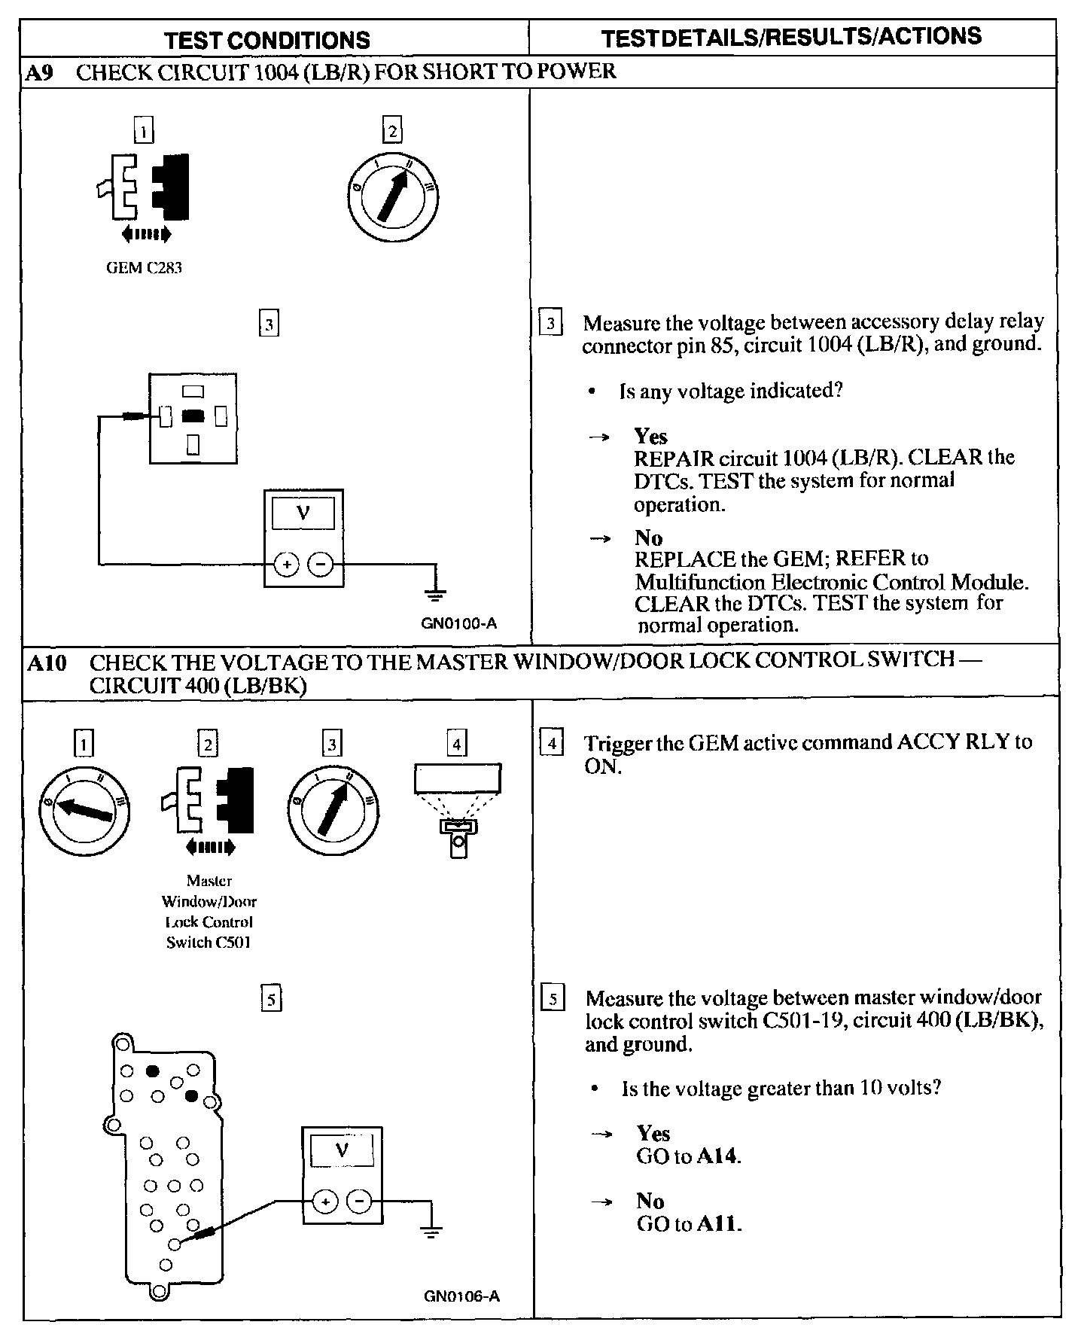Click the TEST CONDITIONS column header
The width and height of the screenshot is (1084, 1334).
(x=267, y=40)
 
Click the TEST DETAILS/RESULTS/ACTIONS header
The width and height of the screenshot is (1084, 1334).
(x=791, y=37)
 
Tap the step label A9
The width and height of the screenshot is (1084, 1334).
(x=39, y=73)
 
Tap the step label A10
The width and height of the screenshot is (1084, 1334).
(x=47, y=662)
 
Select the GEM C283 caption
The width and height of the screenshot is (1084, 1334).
(x=144, y=268)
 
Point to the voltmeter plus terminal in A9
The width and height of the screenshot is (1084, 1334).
(x=286, y=563)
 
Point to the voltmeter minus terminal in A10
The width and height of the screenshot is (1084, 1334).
(x=359, y=1202)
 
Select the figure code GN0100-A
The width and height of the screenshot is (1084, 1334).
(x=458, y=623)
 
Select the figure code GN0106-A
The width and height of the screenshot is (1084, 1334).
(x=461, y=1296)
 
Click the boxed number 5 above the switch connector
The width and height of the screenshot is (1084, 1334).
(x=270, y=999)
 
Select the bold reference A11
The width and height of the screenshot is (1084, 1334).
(x=718, y=1223)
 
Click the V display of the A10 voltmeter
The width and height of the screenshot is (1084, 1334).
(x=342, y=1150)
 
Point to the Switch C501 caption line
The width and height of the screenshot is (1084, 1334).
(x=209, y=942)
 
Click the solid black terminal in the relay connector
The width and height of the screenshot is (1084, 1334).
(x=193, y=415)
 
